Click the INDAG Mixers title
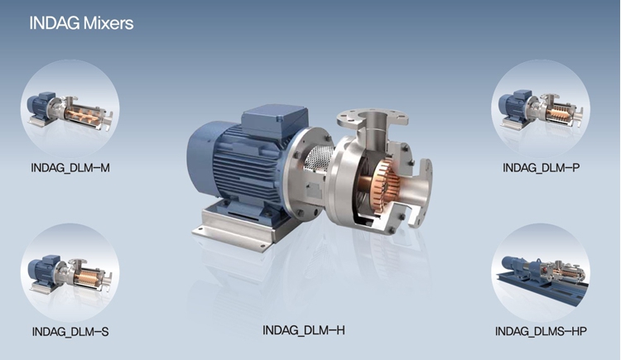tap(81, 23)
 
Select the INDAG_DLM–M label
tap(70, 168)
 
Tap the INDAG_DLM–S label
tap(70, 332)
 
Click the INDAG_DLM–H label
tap(304, 330)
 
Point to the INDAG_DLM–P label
tap(541, 168)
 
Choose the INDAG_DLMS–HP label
tap(541, 331)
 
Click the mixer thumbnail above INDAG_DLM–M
tap(70, 109)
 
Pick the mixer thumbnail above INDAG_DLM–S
tap(70, 272)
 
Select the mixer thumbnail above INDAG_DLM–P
tap(541, 109)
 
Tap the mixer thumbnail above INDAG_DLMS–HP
tap(541, 272)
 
